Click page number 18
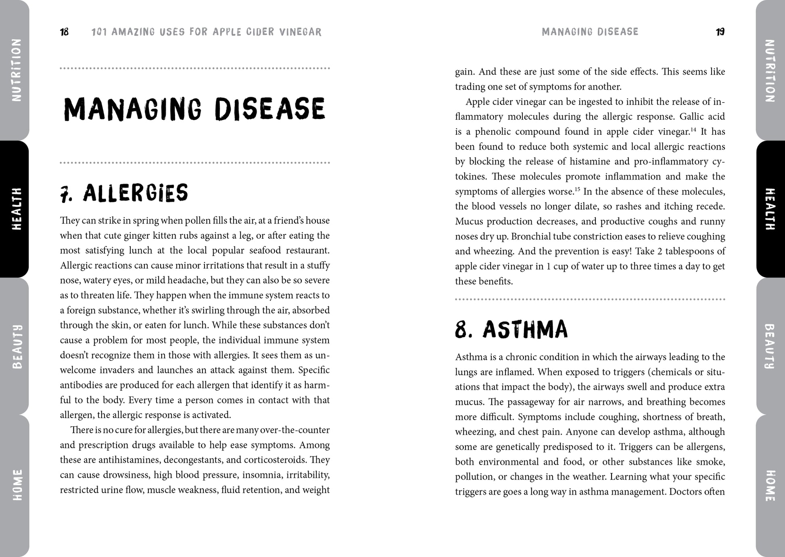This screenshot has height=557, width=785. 65,32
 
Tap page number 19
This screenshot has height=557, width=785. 720,32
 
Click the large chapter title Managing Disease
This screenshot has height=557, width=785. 194,109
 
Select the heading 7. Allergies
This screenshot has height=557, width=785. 124,193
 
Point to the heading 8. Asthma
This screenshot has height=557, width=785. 511,330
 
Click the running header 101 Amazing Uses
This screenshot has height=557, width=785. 207,32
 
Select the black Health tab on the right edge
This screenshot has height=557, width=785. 770,209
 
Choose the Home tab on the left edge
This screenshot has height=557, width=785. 16,485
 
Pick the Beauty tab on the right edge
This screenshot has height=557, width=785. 770,346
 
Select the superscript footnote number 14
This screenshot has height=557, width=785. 693,129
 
